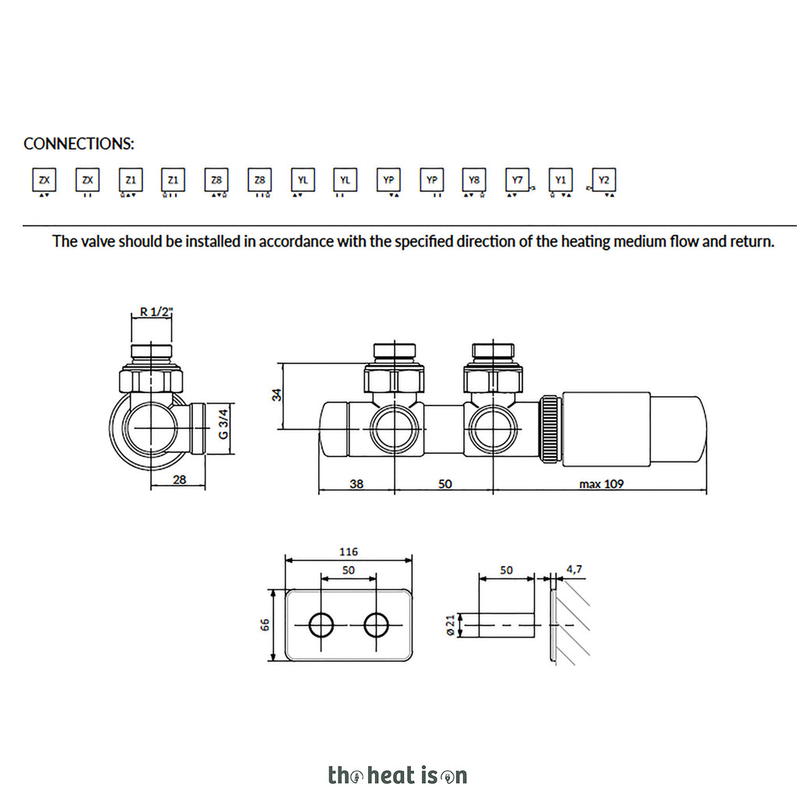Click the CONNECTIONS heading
(x=79, y=144)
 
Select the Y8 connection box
(x=474, y=180)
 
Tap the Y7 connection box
(x=518, y=180)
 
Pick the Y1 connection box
(x=560, y=180)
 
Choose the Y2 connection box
(x=604, y=180)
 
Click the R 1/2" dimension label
(x=156, y=311)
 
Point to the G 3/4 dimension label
(x=223, y=424)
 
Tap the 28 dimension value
(x=180, y=479)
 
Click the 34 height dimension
(x=276, y=395)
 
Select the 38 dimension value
(x=356, y=484)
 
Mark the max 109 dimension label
(x=602, y=484)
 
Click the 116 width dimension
(x=348, y=552)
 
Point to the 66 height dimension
(x=265, y=625)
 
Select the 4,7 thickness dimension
(x=574, y=569)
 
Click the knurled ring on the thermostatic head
(x=550, y=429)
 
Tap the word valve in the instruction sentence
(x=98, y=241)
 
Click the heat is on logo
(x=398, y=776)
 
